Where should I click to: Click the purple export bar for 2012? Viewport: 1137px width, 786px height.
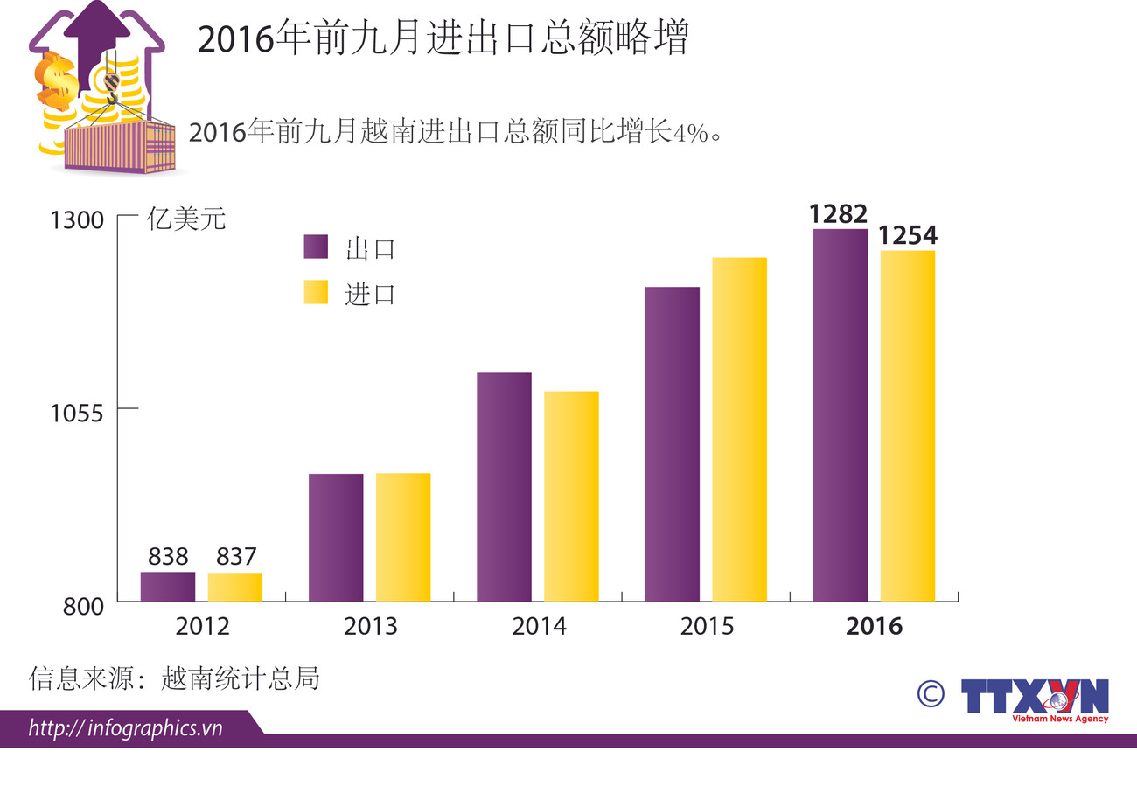168,587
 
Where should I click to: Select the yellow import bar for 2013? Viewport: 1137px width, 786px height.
403,537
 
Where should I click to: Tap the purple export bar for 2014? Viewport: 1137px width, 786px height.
504,487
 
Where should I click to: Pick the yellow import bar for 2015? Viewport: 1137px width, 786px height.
739,429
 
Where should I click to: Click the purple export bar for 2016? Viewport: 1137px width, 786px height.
840,415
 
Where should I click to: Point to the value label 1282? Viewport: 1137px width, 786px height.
838,214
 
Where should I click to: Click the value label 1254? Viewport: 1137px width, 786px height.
908,235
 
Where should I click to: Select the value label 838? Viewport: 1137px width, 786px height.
168,557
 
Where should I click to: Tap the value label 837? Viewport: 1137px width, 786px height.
234,557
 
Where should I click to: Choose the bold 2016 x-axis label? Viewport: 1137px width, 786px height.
875,627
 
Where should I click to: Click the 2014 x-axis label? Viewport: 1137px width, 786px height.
539,627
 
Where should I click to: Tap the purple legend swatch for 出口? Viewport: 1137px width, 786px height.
316,247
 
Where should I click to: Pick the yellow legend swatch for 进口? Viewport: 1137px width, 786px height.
316,293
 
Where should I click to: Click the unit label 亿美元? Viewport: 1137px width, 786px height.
186,219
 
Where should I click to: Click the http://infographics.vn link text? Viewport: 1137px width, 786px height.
126,728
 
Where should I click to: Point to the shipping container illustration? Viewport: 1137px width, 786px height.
120,146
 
